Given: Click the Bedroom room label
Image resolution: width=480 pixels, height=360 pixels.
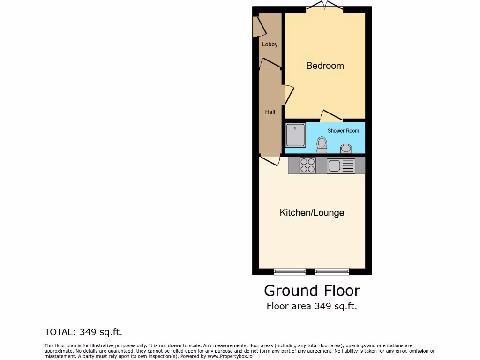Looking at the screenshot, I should point(325,66).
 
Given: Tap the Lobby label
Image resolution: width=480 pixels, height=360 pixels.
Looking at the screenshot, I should point(270,45).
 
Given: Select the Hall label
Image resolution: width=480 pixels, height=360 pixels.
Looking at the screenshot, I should point(270,112).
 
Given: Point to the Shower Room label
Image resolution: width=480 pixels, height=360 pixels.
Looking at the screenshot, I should point(343,131).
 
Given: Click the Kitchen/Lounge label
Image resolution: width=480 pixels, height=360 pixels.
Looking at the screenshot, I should point(312,213).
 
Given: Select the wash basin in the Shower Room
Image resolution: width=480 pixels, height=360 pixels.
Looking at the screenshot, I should point(346,149).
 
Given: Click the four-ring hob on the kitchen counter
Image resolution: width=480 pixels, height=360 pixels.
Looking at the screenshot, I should point(307,165).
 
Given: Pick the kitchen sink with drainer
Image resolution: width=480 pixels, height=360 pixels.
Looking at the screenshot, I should point(341,165).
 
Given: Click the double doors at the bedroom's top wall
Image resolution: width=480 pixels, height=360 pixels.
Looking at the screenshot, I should point(324,7).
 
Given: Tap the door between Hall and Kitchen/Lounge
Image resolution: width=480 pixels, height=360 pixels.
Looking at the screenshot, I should point(270,161).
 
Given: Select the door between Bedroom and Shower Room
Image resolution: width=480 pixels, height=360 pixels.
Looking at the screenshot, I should point(331,115).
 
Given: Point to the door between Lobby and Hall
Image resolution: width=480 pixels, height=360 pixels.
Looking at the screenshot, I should point(270,63).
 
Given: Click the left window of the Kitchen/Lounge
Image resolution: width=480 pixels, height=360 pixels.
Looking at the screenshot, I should point(290,271).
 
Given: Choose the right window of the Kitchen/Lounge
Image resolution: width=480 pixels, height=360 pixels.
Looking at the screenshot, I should point(332,271).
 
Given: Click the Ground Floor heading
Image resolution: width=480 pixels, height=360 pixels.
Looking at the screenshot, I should point(312,291).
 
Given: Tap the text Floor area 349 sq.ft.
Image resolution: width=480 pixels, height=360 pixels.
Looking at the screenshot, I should point(312,307).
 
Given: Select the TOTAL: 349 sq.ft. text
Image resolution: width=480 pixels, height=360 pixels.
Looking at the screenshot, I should point(83,332).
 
